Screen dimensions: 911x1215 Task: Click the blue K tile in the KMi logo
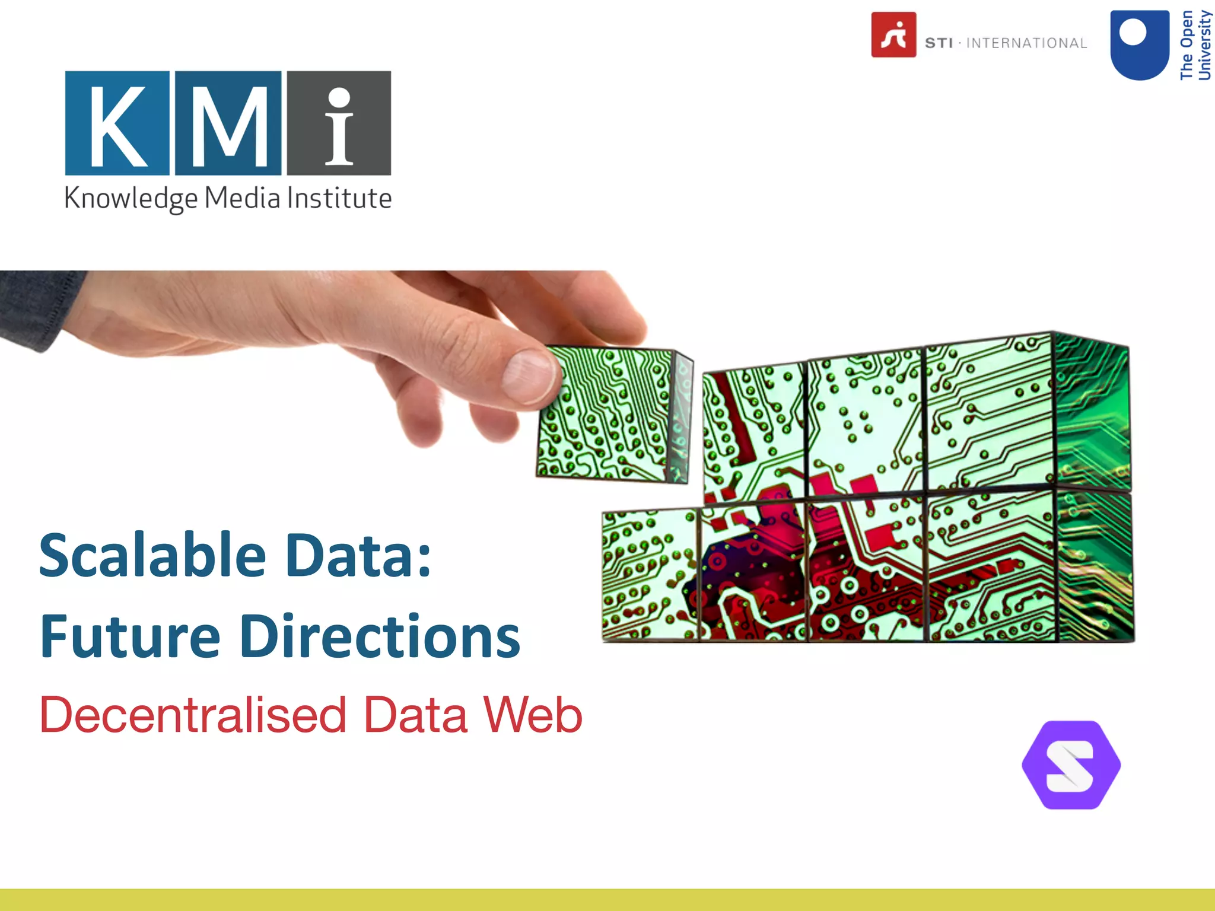tap(117, 123)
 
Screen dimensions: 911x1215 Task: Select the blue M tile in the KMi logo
tap(228, 123)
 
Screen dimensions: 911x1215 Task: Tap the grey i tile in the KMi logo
tap(339, 123)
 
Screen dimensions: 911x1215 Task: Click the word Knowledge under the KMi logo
tap(131, 199)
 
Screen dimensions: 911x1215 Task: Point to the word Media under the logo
tap(242, 198)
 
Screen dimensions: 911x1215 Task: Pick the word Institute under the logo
tap(339, 198)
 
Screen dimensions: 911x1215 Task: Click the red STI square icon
tap(893, 34)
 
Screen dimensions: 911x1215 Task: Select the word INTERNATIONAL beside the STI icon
tap(1026, 43)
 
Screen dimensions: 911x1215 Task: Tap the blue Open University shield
tap(1140, 45)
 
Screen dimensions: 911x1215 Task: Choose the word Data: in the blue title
tap(358, 555)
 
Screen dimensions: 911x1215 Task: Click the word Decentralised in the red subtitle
tap(193, 715)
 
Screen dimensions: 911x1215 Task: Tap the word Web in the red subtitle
tap(533, 715)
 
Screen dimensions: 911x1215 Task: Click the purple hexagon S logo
tap(1071, 765)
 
